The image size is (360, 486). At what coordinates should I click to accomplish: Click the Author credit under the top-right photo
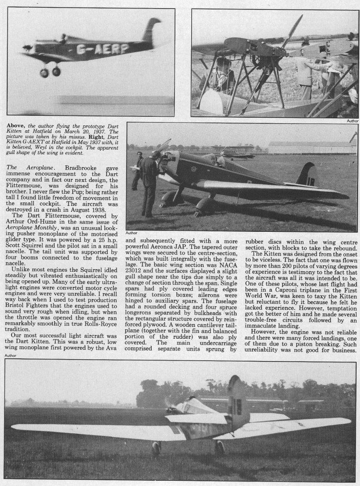tap(352, 121)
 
